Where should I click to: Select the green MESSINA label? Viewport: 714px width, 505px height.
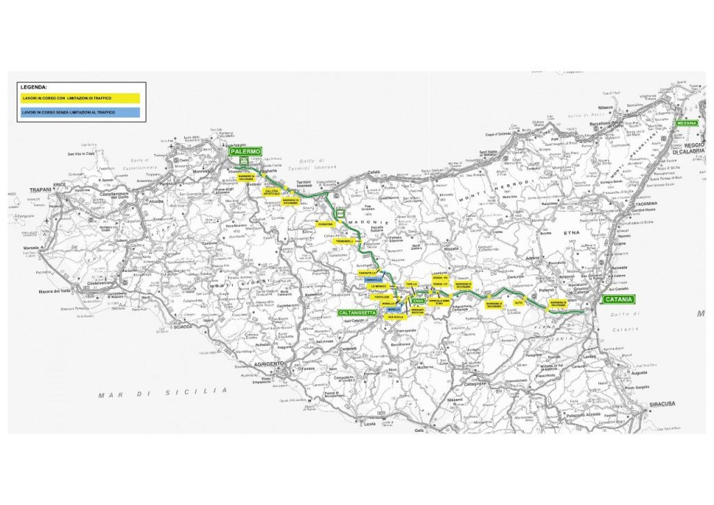688,123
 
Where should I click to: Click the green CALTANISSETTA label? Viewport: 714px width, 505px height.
358,313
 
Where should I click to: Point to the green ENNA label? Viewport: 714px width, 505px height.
418,301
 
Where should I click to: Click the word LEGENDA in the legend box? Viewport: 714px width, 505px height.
33,87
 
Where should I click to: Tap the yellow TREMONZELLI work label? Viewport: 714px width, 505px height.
345,241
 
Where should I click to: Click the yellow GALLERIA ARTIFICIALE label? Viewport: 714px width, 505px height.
271,191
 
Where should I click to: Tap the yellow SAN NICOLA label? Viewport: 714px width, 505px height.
396,317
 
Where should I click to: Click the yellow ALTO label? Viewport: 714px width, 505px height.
518,303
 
